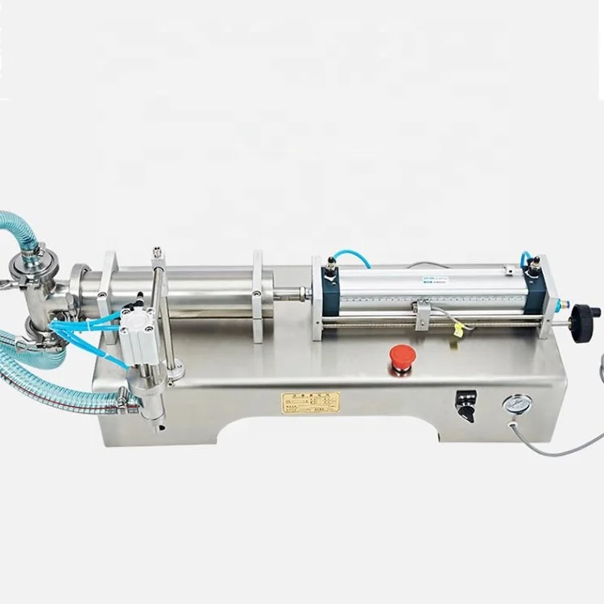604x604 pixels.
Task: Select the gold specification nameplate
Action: point(310,403)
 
